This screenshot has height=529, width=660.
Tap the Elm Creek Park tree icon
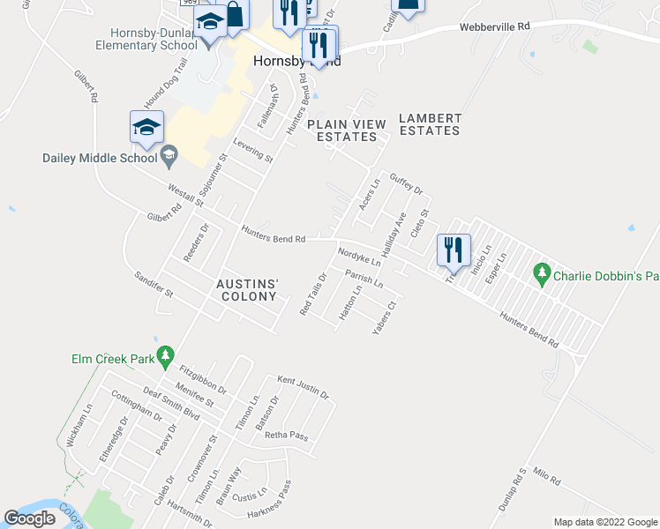(x=165, y=356)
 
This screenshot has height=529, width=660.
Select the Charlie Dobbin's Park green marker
(x=543, y=275)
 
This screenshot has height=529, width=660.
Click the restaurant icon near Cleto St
(x=454, y=250)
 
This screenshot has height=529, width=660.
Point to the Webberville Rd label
(x=493, y=27)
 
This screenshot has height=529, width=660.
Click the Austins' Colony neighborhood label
(x=248, y=290)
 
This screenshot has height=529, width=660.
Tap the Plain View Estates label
(x=347, y=130)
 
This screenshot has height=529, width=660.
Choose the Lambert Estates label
(x=430, y=124)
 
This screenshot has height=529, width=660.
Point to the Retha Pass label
(x=286, y=436)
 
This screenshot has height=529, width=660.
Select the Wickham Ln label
(x=79, y=426)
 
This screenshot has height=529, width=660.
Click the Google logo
(x=30, y=518)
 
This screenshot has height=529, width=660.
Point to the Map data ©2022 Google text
(x=604, y=522)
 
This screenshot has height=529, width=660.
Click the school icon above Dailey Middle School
(x=146, y=127)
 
